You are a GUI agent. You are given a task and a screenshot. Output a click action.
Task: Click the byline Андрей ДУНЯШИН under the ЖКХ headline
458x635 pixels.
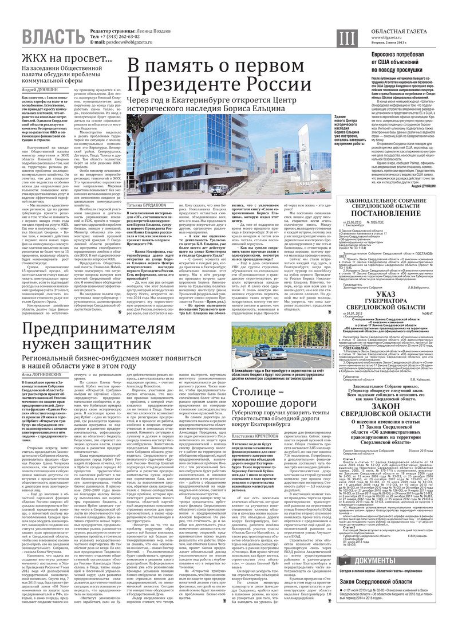coord(41,90)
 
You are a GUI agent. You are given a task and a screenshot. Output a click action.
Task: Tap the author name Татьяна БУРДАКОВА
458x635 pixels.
coord(151,205)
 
